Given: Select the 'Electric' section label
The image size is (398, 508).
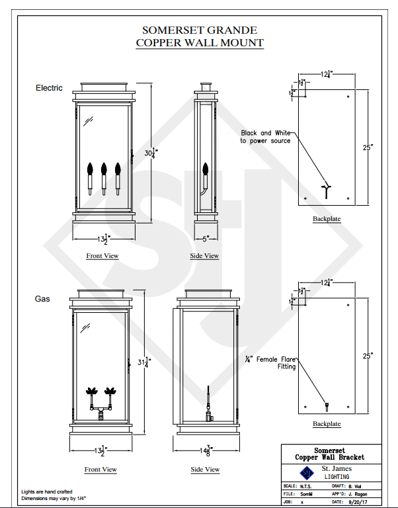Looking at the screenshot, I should [x=49, y=88].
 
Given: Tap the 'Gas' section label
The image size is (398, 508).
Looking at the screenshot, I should [x=42, y=299].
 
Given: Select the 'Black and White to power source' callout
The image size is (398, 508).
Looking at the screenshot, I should [x=265, y=137].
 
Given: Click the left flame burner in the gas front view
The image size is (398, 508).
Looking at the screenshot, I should [x=91, y=392].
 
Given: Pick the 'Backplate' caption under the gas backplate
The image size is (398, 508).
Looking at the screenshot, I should [x=327, y=424].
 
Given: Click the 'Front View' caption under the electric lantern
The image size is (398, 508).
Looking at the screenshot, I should [x=102, y=256].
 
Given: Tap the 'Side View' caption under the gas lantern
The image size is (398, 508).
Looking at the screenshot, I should [x=205, y=470].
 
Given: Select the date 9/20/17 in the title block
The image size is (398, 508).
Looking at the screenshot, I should [x=356, y=502].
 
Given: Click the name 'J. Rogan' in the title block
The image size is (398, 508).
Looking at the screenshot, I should [x=358, y=493].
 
